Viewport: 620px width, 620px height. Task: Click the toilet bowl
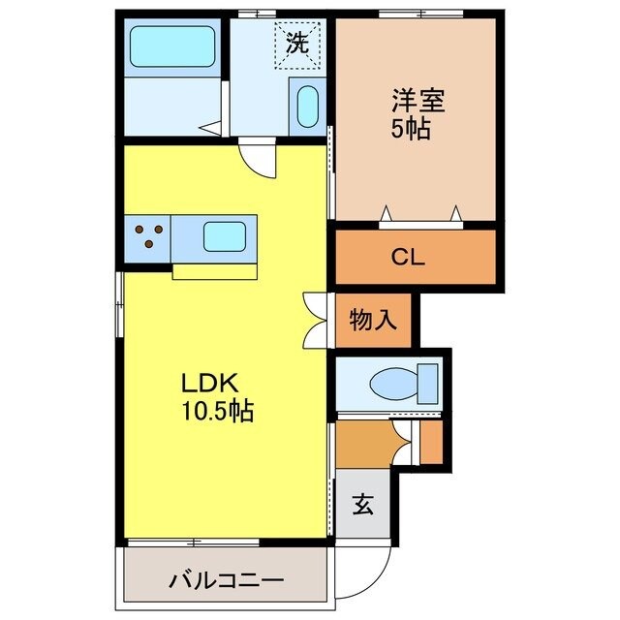(391, 383)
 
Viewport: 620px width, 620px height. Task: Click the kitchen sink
(225, 236)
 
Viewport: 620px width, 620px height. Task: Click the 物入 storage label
(374, 320)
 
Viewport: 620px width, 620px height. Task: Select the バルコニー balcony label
(227, 581)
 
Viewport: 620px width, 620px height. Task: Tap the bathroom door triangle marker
(207, 125)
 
